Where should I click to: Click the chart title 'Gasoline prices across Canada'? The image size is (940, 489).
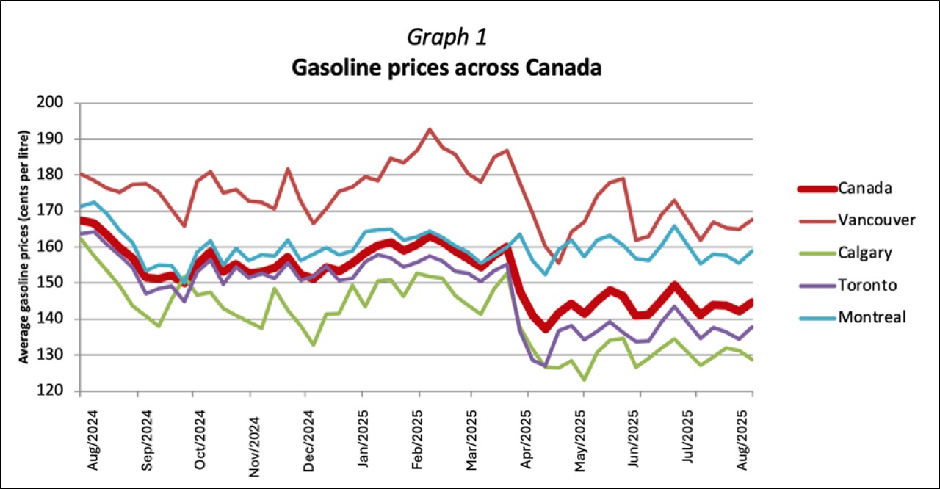click(x=446, y=68)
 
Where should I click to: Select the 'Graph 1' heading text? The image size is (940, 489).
click(x=446, y=36)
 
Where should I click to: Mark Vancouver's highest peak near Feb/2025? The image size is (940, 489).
click(x=430, y=129)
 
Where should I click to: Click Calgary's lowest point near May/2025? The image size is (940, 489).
click(x=584, y=380)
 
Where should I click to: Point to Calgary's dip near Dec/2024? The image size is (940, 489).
click(x=314, y=344)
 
